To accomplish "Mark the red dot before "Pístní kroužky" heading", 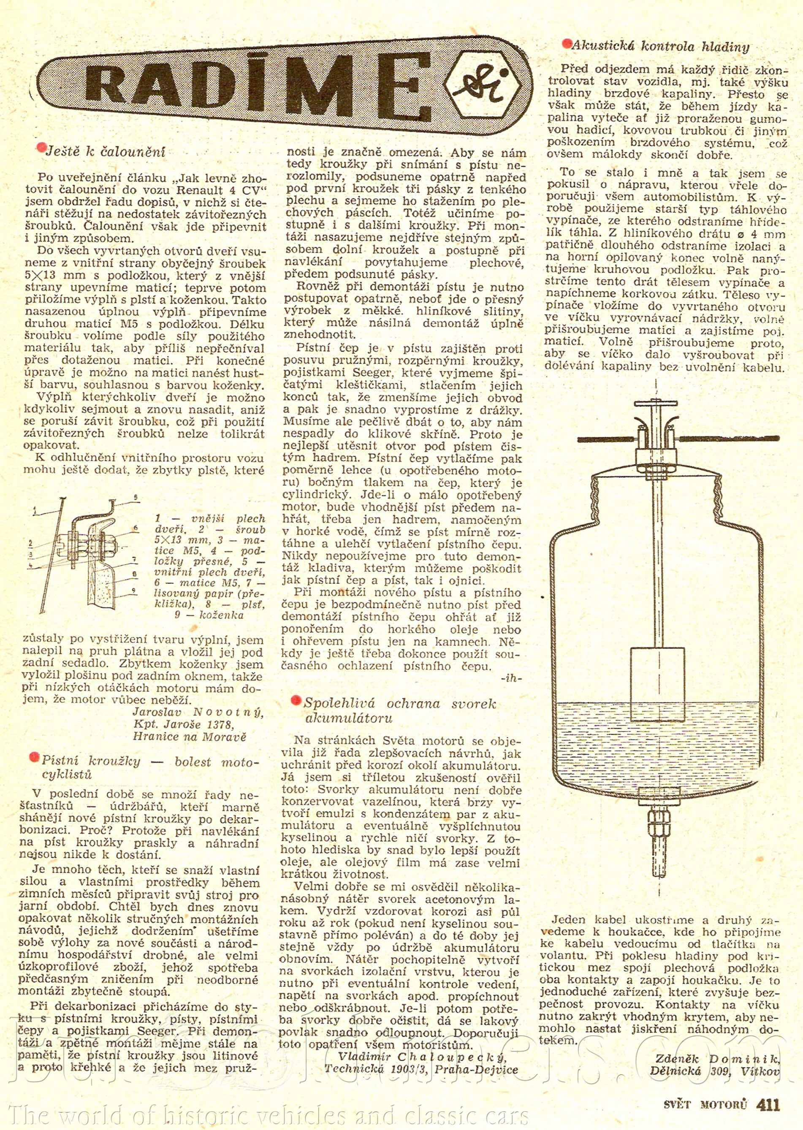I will tap(35, 757).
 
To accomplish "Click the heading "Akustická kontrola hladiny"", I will tap(660, 47).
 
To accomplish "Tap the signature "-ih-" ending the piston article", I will tap(511, 678).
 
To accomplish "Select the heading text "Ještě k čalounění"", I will tap(105, 152).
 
